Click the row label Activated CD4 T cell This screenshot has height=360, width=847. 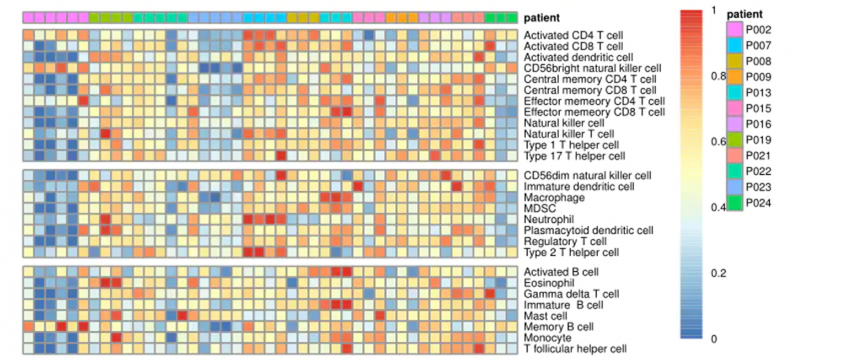[x=570, y=36]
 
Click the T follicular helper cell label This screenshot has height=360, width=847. [x=575, y=348]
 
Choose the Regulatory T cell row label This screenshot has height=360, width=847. [x=565, y=241]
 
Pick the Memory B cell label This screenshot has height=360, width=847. [x=559, y=327]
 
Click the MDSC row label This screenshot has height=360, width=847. [x=540, y=208]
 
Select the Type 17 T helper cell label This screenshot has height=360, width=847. [x=575, y=156]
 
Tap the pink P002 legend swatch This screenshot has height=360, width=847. [x=734, y=30]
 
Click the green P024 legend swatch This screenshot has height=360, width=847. [x=734, y=203]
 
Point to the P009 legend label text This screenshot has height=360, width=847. [x=759, y=77]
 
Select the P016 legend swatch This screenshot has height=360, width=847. [x=734, y=125]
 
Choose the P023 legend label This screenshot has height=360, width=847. [x=759, y=187]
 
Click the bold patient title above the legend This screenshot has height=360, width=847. [x=745, y=14]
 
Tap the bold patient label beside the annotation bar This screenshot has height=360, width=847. [x=542, y=18]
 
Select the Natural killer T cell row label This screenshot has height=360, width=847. [x=569, y=134]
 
